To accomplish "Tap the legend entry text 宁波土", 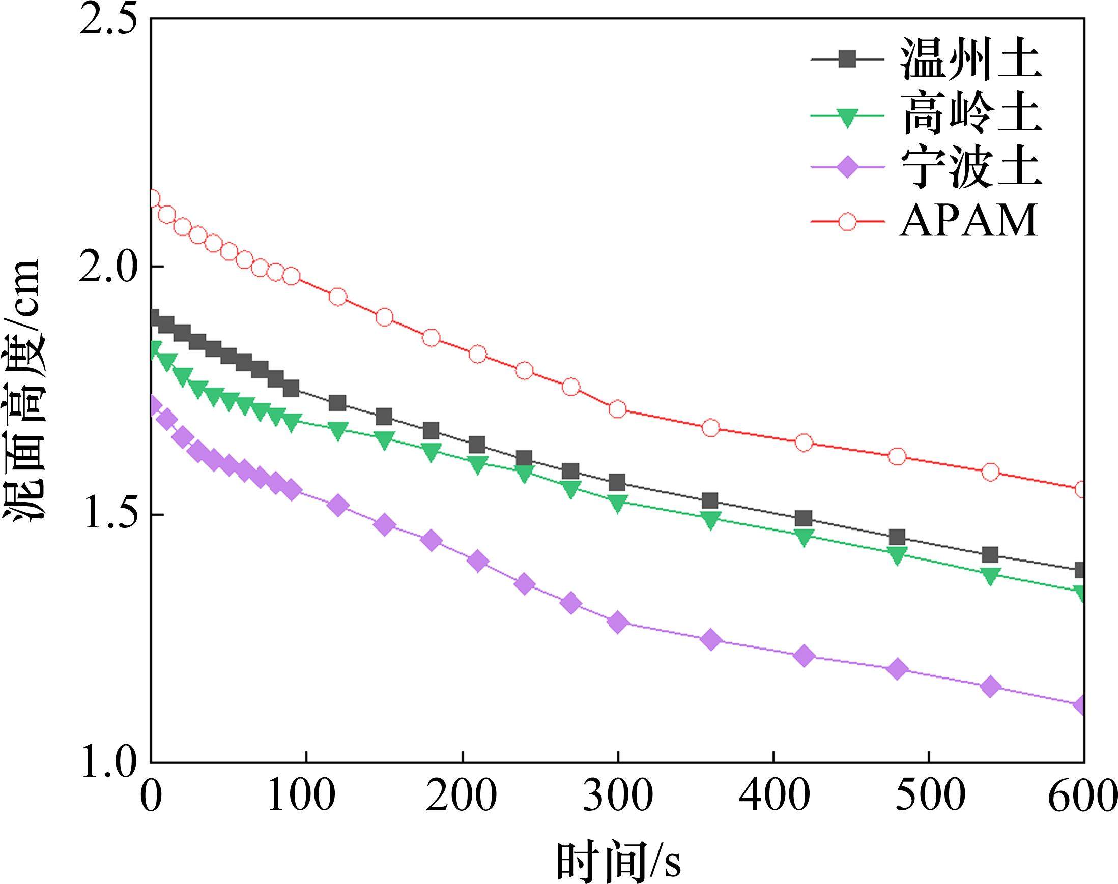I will click(971, 169).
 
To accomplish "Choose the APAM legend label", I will click(968, 222).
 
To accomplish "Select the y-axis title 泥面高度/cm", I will click(23, 391).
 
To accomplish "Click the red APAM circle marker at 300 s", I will click(617, 409).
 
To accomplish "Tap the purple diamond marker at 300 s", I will click(617, 622).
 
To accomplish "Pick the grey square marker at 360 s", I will click(710, 501).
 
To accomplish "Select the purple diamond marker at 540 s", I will click(990, 687).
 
